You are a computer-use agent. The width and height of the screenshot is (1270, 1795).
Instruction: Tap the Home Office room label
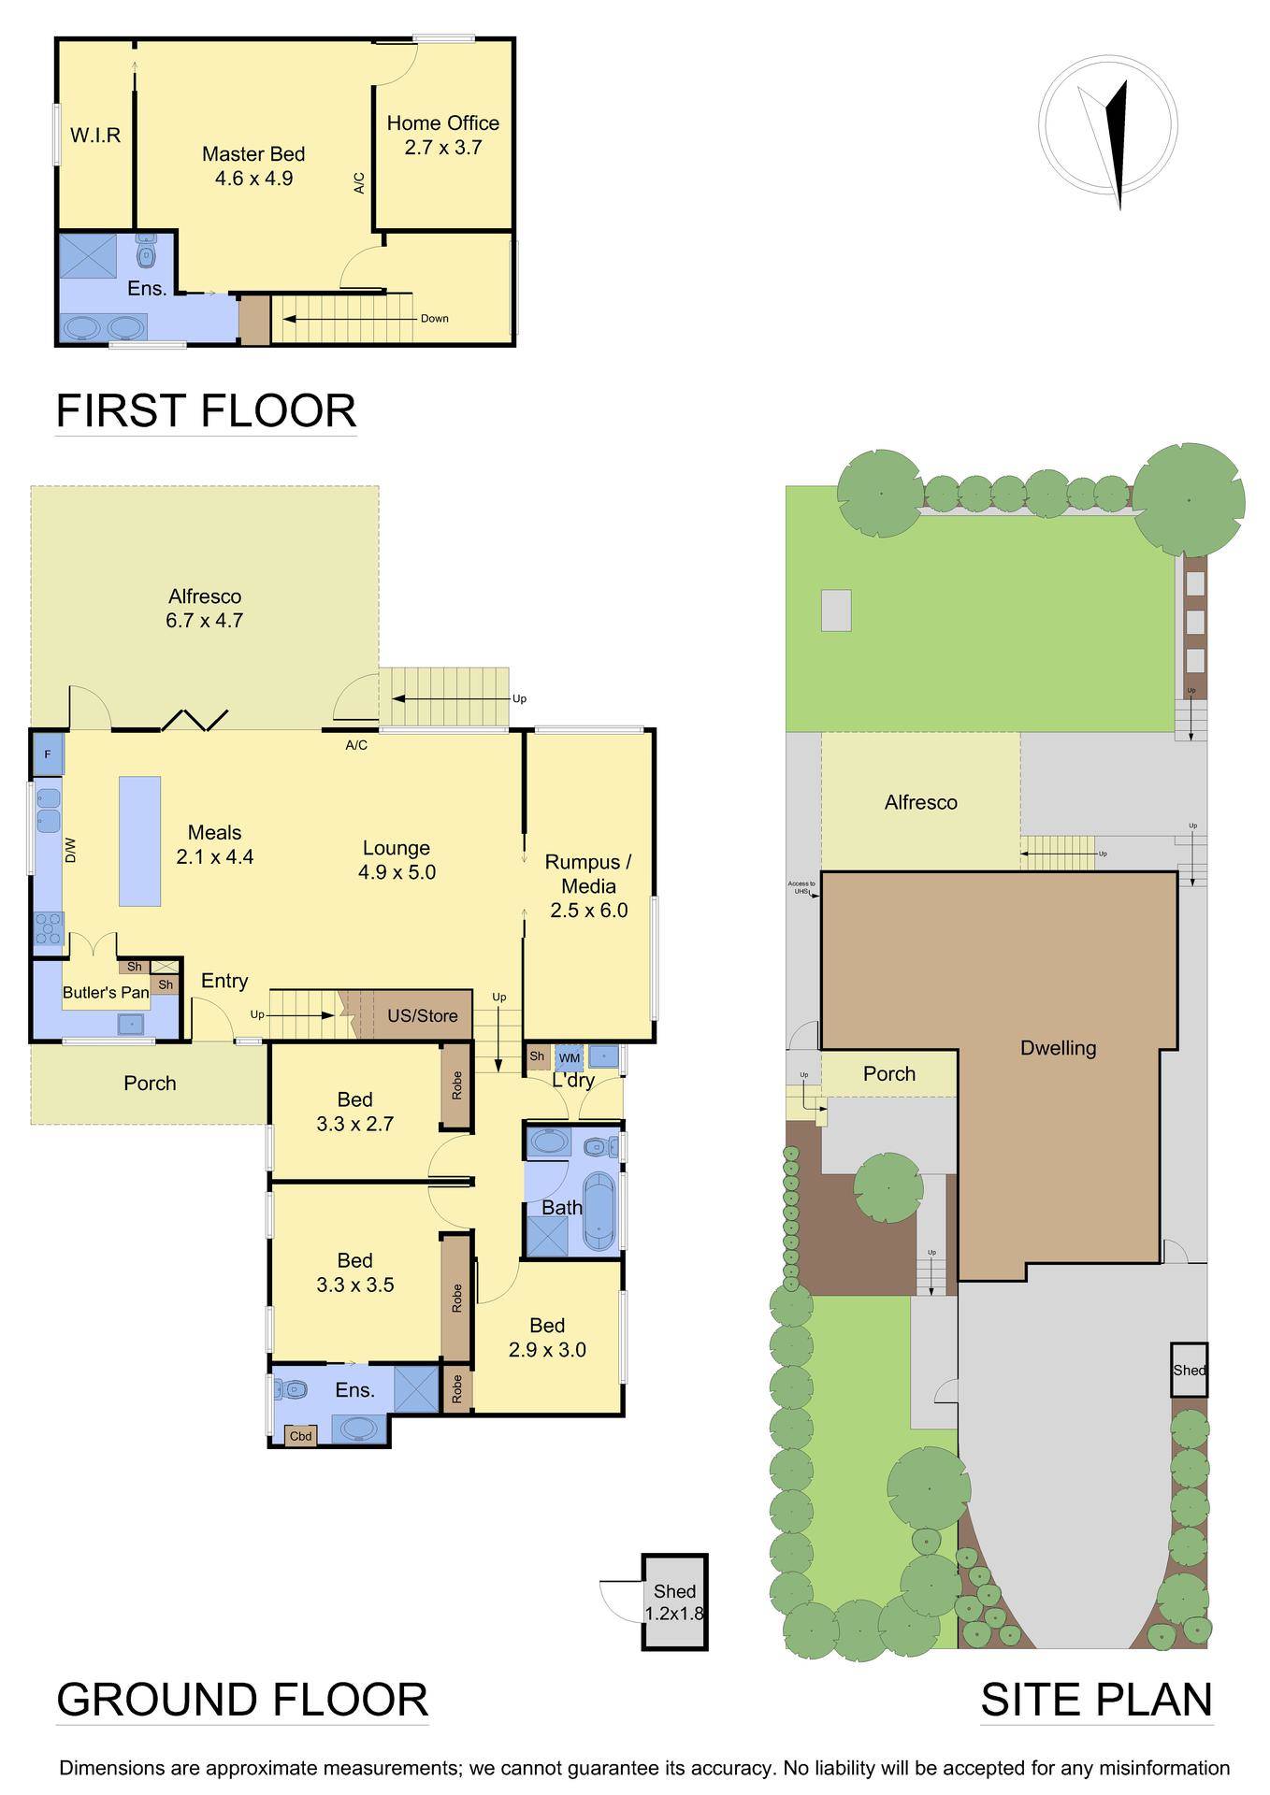442,135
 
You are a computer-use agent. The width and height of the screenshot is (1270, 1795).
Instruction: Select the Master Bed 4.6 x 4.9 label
253,166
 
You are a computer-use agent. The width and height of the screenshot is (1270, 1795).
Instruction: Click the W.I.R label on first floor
95,135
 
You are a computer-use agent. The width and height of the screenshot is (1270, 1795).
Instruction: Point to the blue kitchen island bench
139,840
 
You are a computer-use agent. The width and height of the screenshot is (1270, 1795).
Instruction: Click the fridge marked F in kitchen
48,754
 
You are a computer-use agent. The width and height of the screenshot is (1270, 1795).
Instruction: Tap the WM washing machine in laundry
569,1057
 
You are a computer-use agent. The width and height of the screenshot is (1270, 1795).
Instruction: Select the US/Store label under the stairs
423,1015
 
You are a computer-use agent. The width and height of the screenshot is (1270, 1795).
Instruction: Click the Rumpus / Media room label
588,885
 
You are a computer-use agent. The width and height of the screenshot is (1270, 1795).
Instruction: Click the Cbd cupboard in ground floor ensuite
300,1435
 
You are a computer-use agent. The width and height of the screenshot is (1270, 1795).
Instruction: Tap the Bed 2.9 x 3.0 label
547,1337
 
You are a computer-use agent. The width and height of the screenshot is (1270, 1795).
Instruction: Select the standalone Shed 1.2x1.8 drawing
675,1601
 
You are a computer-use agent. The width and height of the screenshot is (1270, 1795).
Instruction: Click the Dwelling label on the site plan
1058,1048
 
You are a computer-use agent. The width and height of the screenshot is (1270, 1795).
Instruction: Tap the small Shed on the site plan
1189,1370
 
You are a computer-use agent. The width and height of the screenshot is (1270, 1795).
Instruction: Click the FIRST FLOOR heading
206,411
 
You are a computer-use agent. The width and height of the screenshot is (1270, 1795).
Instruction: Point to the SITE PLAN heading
1096,1699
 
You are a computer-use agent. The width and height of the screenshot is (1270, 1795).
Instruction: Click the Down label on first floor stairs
434,318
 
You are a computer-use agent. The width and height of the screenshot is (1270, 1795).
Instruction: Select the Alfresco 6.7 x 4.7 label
205,608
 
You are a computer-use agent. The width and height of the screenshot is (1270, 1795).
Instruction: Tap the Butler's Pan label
106,992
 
